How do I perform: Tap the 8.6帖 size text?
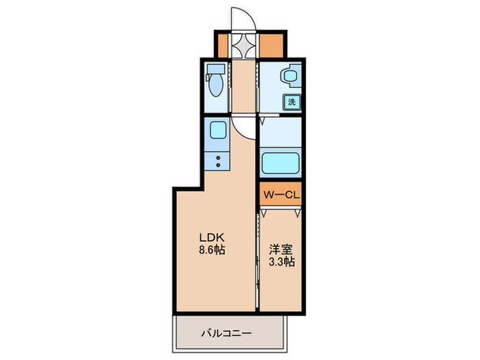[x=211, y=250]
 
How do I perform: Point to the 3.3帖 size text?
[x=281, y=262]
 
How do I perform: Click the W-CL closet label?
[x=281, y=194]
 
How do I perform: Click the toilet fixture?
[x=215, y=85]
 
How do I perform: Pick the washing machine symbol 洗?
[x=291, y=102]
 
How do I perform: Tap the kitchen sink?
[x=218, y=130]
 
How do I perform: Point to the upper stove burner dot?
[x=219, y=157]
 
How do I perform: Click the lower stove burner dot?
[x=219, y=165]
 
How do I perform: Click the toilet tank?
[x=215, y=69]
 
